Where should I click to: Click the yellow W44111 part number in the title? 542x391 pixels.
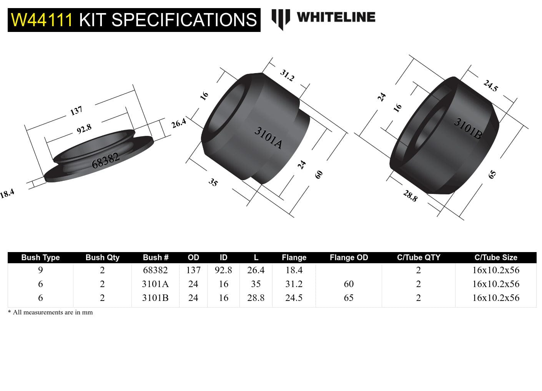(x=42, y=20)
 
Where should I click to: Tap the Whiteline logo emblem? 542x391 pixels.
(x=280, y=18)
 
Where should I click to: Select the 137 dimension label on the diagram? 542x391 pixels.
(x=76, y=111)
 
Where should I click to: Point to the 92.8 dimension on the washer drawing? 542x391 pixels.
(x=84, y=129)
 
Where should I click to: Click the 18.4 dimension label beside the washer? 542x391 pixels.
(x=7, y=193)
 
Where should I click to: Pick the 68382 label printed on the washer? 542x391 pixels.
(x=105, y=160)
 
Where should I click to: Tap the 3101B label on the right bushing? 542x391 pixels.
(x=468, y=128)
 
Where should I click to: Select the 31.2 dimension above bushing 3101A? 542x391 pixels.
(x=287, y=75)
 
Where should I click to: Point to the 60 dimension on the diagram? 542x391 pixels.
(x=319, y=174)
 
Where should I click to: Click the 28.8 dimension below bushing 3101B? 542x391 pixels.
(x=410, y=196)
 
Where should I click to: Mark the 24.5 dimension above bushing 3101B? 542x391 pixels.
(x=490, y=85)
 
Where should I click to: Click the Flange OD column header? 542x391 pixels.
(x=349, y=257)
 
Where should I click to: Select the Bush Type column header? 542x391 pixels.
(x=40, y=257)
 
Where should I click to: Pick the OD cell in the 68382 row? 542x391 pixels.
(x=193, y=270)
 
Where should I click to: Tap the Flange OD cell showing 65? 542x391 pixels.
(x=349, y=298)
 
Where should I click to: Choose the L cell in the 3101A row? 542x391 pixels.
(x=256, y=284)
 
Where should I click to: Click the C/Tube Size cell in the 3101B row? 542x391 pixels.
(x=495, y=298)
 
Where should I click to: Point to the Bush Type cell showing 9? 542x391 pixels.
(x=40, y=270)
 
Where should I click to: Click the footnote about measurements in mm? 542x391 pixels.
(x=50, y=312)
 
